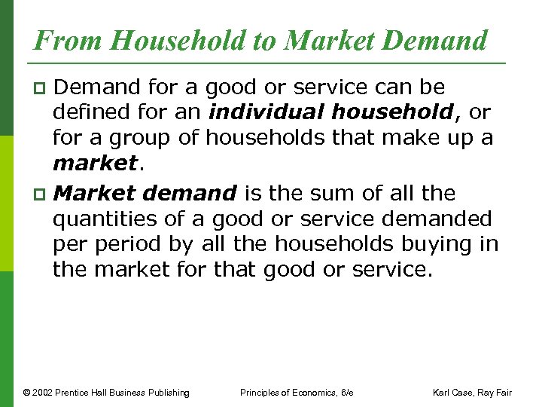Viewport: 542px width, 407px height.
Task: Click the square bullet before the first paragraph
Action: (x=41, y=90)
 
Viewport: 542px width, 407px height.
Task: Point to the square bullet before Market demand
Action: (x=41, y=194)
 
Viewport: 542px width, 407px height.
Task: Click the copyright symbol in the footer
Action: (x=27, y=393)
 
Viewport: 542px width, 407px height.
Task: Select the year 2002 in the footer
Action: (x=44, y=393)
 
